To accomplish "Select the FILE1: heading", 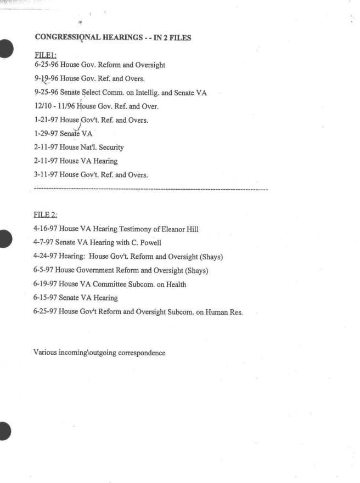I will pyautogui.click(x=45, y=55).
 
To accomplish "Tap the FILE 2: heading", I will pyautogui.click(x=46, y=214).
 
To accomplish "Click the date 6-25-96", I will pyautogui.click(x=46, y=65).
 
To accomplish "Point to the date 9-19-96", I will pyautogui.click(x=46, y=79).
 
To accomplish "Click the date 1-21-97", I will pyautogui.click(x=46, y=120).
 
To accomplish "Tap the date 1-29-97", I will pyautogui.click(x=46, y=134).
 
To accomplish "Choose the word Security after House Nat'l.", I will pyautogui.click(x=111, y=147).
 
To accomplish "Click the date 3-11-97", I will pyautogui.click(x=46, y=175).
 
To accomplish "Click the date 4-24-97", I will pyautogui.click(x=46, y=257).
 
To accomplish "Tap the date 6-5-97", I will pyautogui.click(x=44, y=270).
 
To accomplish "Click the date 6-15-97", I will pyautogui.click(x=46, y=298).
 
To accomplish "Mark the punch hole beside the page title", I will pyautogui.click(x=5, y=48).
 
